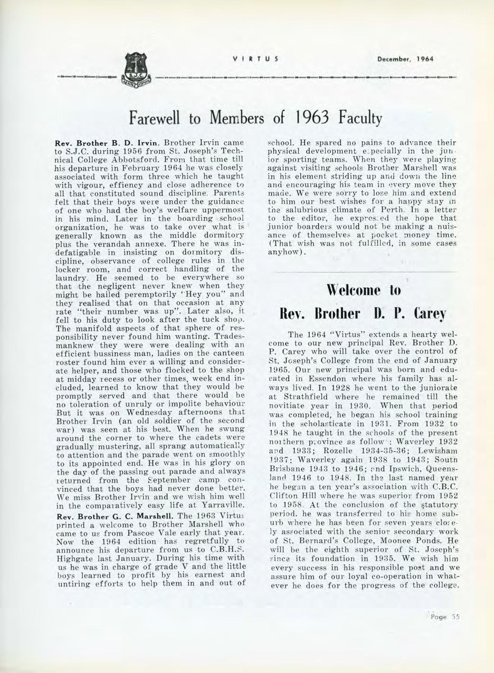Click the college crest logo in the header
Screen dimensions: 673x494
(136, 71)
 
